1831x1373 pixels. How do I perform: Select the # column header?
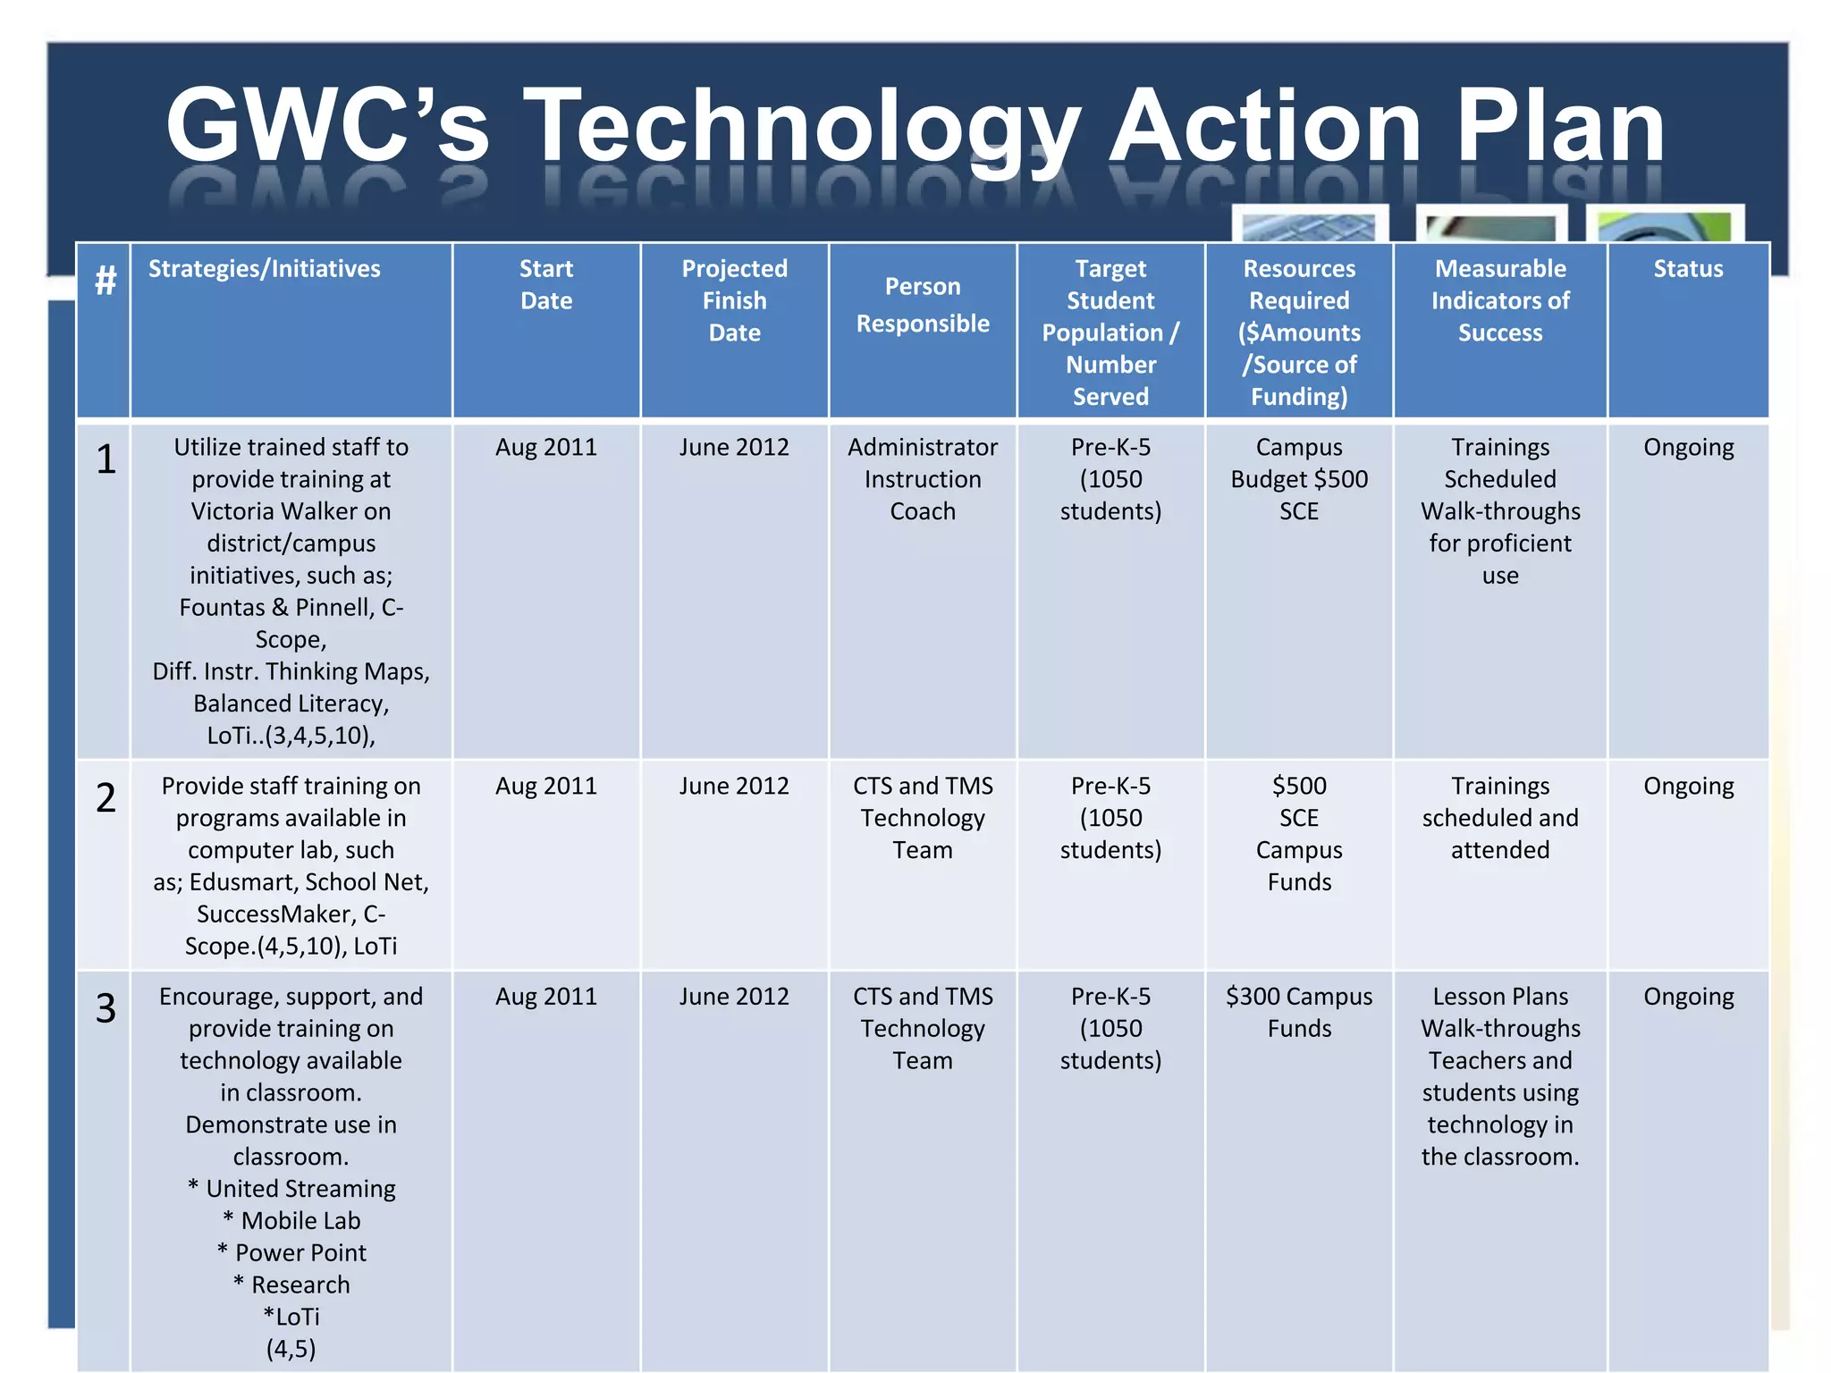coord(105,281)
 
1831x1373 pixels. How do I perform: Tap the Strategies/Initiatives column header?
coord(264,268)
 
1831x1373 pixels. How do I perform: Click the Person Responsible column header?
coord(923,305)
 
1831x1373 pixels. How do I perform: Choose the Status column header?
coord(1688,268)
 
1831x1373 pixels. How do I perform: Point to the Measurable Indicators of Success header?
coord(1500,300)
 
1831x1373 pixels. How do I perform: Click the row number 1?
coord(105,459)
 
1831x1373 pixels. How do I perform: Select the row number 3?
coord(105,1008)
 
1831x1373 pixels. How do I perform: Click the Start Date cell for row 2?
coord(546,786)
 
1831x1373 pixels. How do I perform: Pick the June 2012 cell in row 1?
coord(734,447)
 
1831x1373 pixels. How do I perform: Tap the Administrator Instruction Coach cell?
coord(923,479)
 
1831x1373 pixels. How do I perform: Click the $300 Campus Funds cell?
coord(1299,1012)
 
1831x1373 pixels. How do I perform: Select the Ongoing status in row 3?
coord(1688,997)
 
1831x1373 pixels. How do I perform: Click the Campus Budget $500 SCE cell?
coord(1299,479)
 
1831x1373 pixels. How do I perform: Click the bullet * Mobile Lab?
coord(291,1221)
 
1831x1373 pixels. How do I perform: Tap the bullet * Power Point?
coord(291,1253)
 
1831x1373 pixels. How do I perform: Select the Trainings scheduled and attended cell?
coord(1500,818)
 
